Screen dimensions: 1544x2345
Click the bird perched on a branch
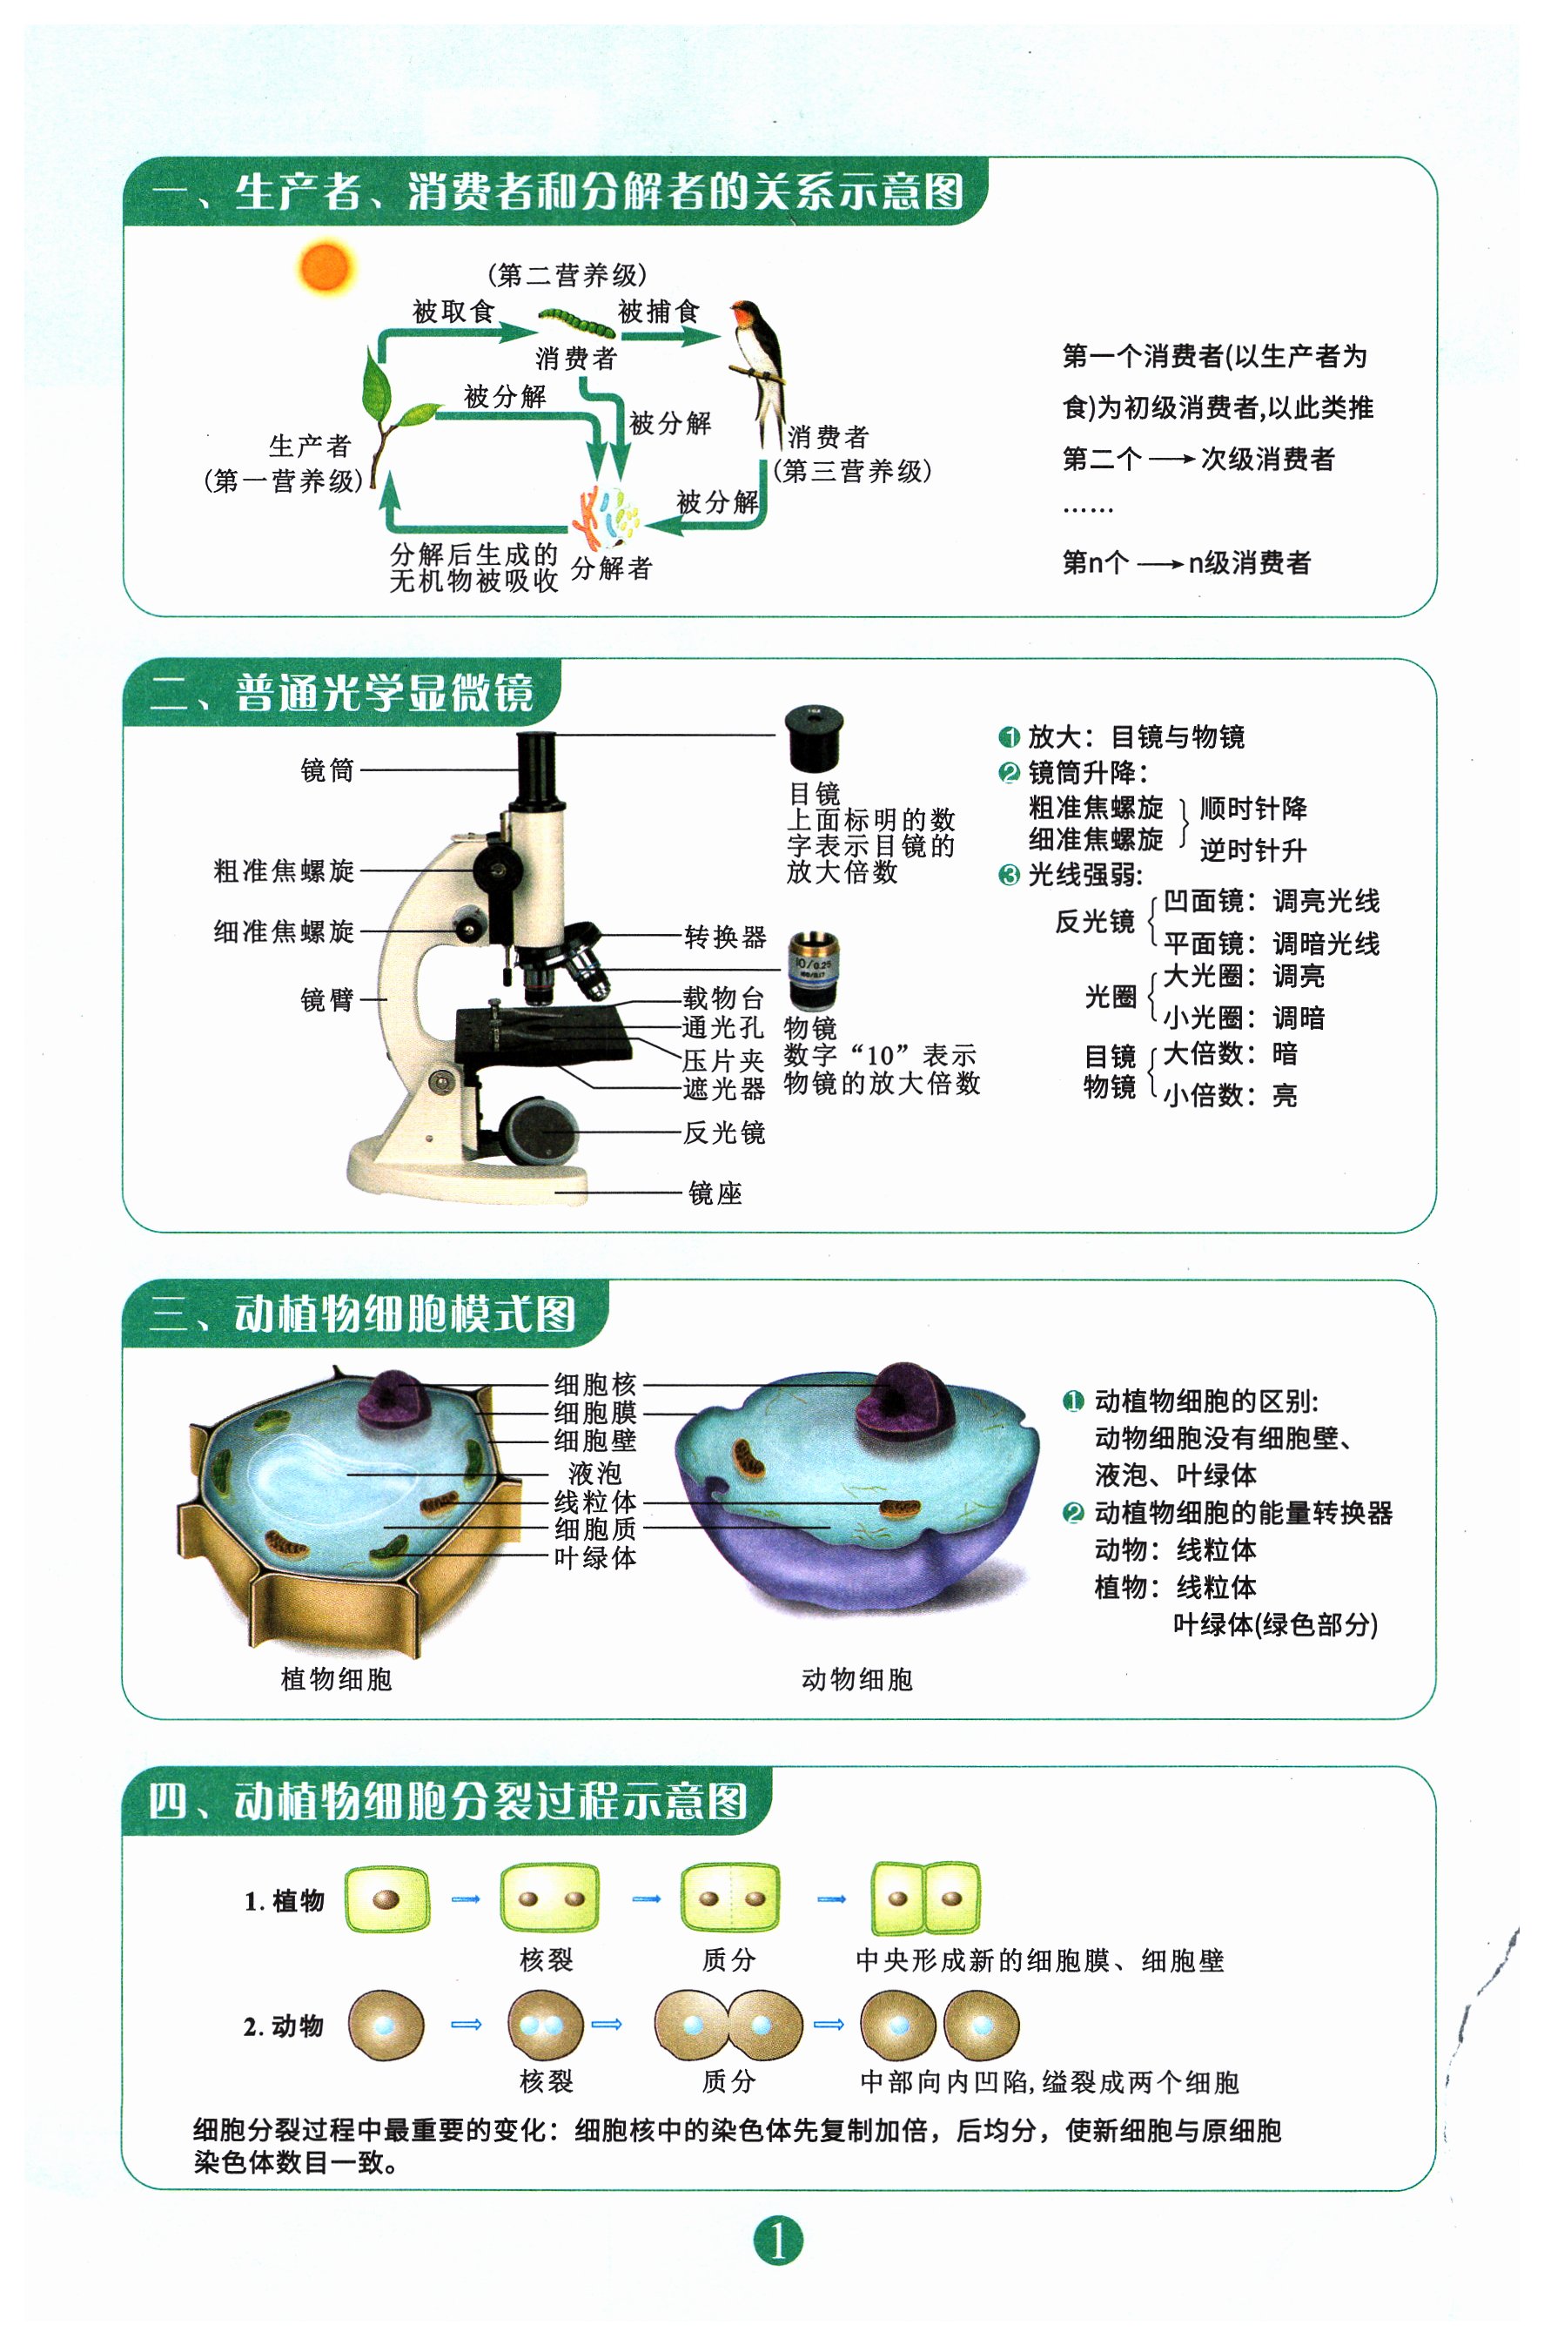tap(761, 369)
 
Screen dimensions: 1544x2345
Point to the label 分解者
tap(611, 568)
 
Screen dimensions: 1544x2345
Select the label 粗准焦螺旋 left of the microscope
tap(284, 871)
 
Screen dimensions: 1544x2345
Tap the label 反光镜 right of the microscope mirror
tap(724, 1132)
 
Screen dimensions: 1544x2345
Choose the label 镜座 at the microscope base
tap(715, 1193)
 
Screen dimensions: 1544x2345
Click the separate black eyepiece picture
tap(814, 739)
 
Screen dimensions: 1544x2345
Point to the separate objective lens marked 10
tap(814, 970)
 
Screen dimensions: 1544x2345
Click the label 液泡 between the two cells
tap(595, 1473)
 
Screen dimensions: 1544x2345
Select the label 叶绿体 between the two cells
tap(595, 1558)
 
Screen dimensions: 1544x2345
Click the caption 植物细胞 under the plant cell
tap(336, 1679)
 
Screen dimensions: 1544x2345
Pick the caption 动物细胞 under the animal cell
tap(857, 1679)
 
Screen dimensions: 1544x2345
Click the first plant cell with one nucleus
tap(387, 1898)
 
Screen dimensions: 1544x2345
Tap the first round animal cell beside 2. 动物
tap(386, 2026)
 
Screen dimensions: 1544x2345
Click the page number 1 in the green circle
tap(778, 2240)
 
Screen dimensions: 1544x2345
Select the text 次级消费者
tap(1267, 458)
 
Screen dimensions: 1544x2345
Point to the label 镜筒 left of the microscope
tap(327, 769)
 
